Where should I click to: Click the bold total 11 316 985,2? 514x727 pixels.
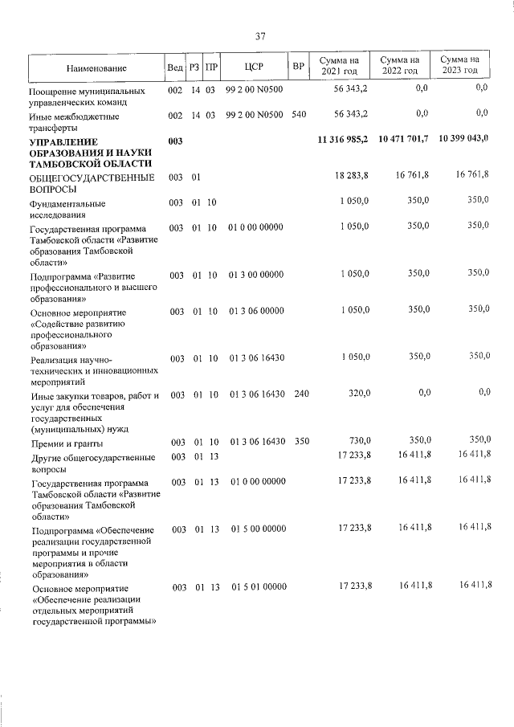coord(342,141)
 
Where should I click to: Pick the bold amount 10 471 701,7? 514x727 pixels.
coord(402,139)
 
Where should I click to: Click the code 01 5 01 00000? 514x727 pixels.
coord(258,588)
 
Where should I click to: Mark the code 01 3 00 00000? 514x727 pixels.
coord(257,276)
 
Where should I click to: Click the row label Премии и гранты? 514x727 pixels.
coord(66,443)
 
